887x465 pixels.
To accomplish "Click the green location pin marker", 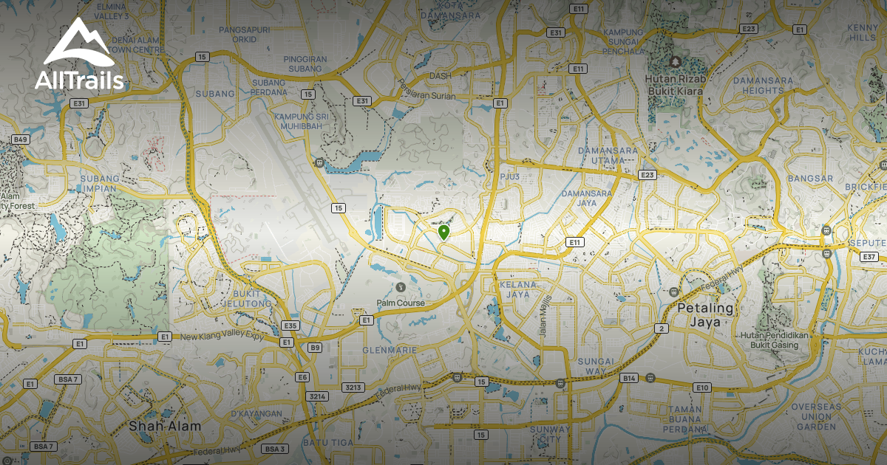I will [x=443, y=233].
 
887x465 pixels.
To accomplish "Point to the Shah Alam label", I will [x=164, y=426].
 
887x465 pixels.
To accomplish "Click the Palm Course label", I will [x=401, y=303].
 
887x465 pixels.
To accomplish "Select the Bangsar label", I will [x=810, y=179].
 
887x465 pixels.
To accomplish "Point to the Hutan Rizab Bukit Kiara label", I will [x=675, y=84].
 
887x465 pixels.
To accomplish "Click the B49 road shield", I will [x=20, y=139].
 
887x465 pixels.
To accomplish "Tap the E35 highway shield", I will [x=290, y=325].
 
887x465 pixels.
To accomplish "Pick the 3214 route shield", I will [x=317, y=396].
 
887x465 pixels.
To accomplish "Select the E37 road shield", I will [x=869, y=257].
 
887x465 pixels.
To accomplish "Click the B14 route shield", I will [x=629, y=378].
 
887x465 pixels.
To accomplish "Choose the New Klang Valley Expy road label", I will [x=222, y=337].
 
